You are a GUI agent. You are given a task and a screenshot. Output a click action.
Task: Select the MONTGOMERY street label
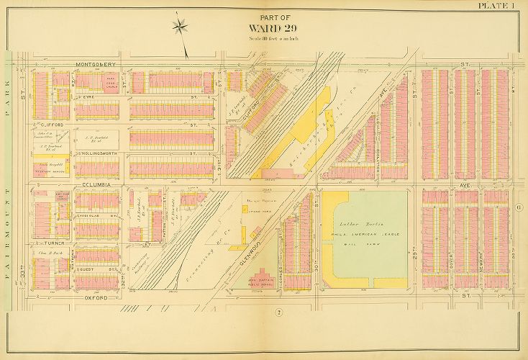[100, 65]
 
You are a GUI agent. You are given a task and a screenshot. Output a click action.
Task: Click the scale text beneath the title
[263, 38]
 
